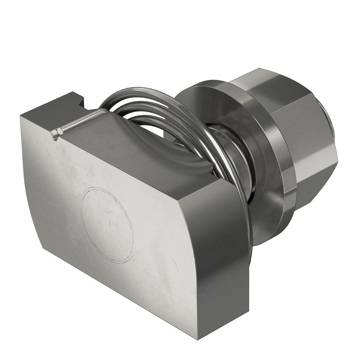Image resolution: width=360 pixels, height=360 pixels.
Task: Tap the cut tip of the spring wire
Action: point(56,132)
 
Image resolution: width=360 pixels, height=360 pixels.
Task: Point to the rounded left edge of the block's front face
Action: point(30,180)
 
